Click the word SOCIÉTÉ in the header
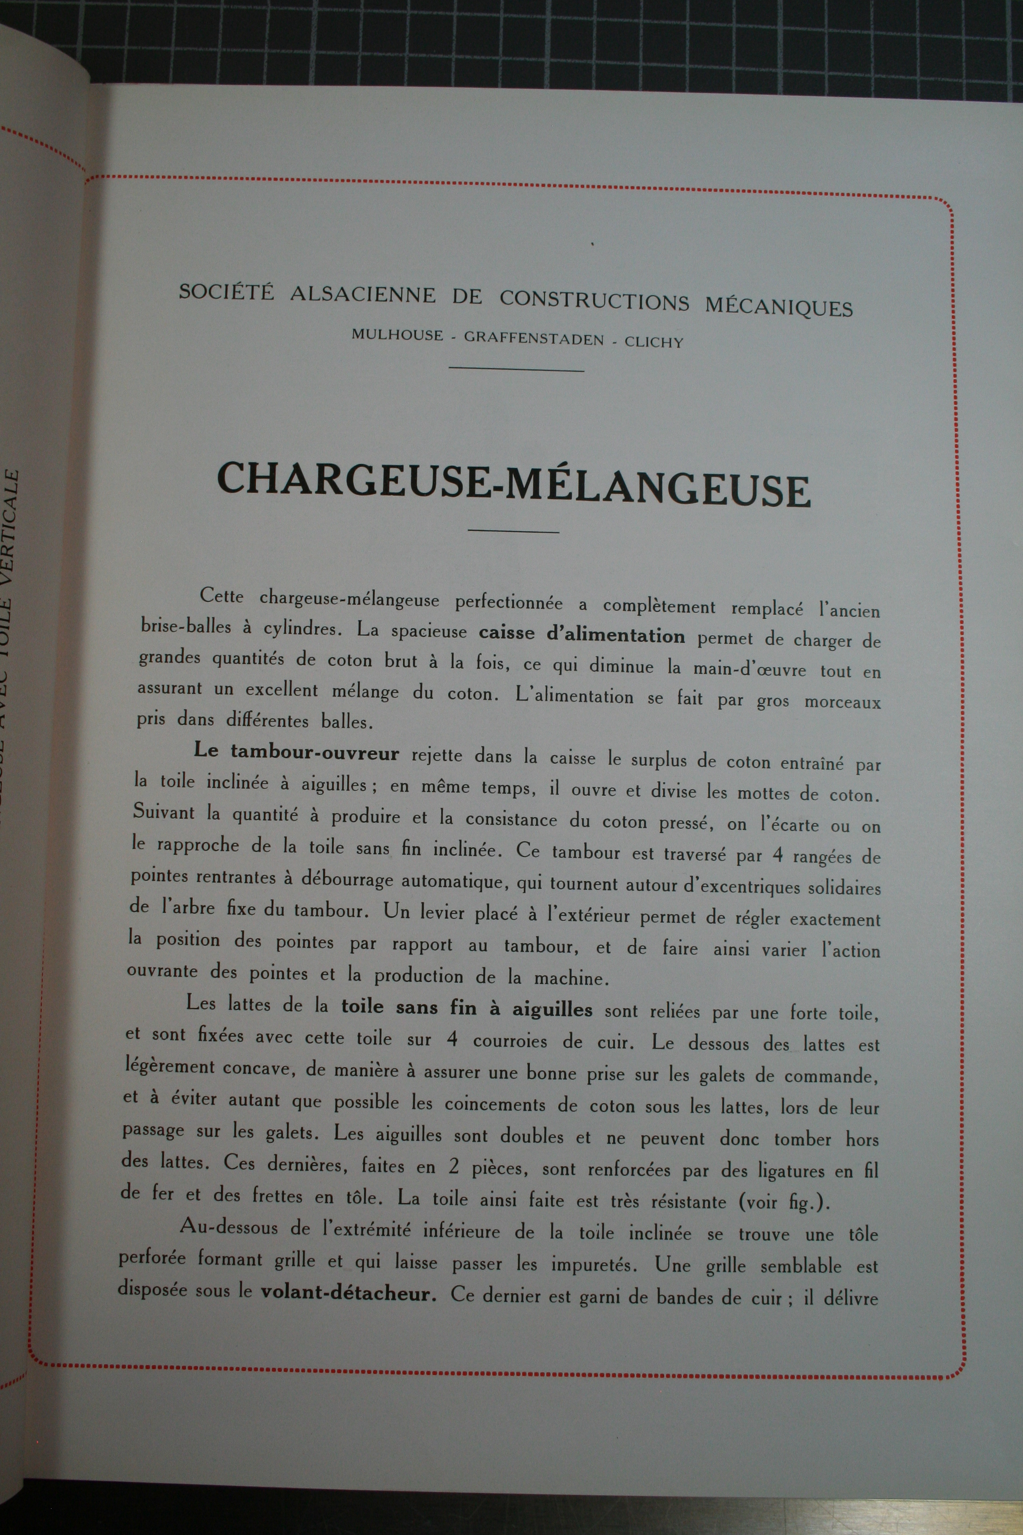click(227, 292)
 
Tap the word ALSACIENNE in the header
click(363, 295)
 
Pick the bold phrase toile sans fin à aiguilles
click(467, 1009)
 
